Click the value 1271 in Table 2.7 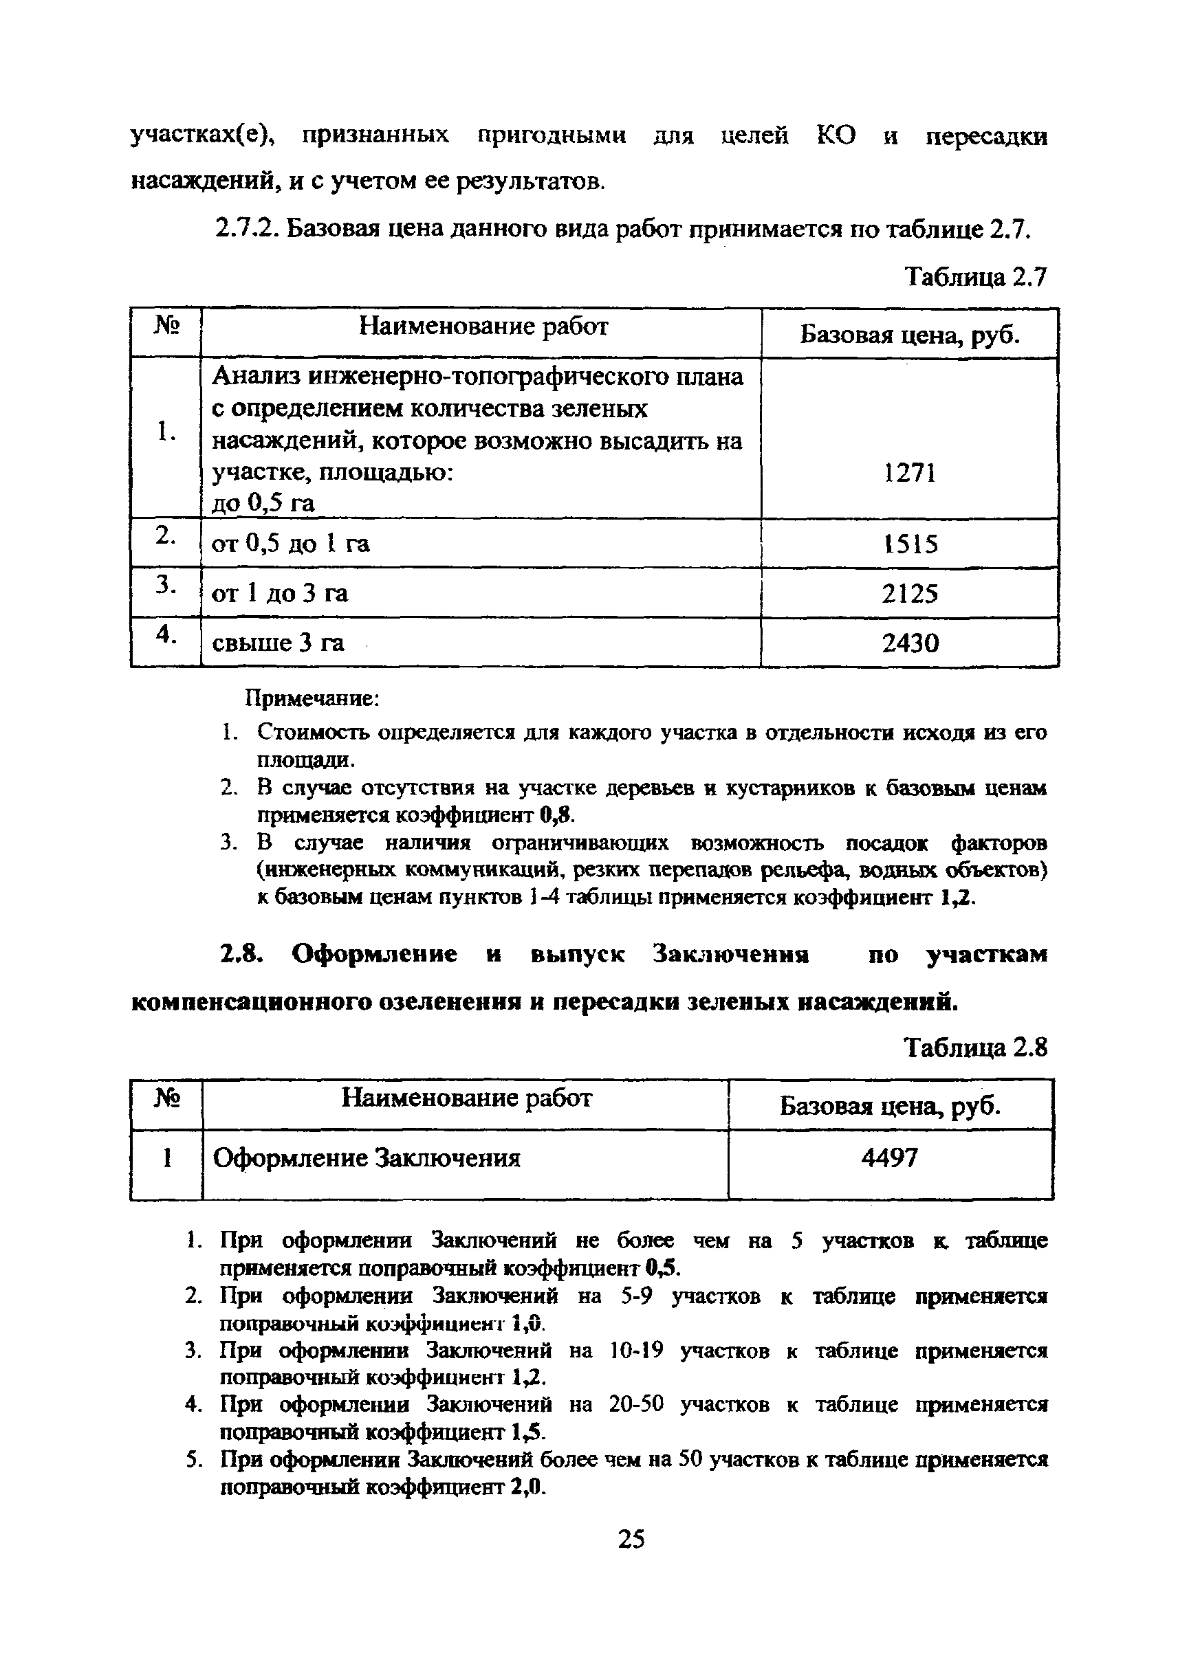click(910, 474)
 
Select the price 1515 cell click(910, 544)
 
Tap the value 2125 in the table click(910, 594)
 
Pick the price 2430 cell click(910, 643)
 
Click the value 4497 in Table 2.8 click(890, 1158)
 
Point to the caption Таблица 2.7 click(976, 277)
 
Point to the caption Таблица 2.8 click(976, 1047)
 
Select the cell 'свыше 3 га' click(278, 643)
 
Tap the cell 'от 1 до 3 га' click(279, 594)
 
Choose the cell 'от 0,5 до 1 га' click(290, 544)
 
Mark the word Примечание click(312, 698)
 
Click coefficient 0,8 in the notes click(557, 815)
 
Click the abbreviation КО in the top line click(836, 135)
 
